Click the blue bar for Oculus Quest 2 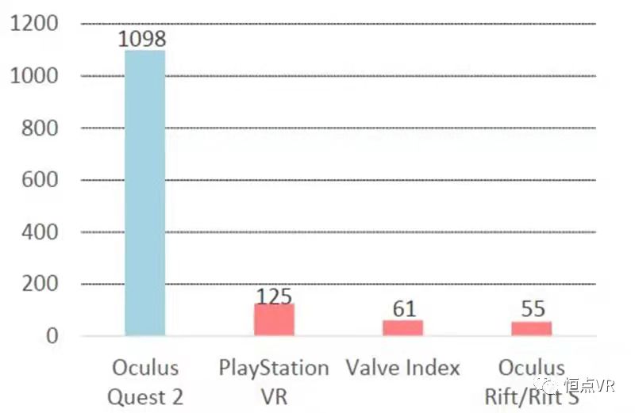(144, 194)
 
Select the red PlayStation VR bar (274, 319)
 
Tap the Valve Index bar (402, 327)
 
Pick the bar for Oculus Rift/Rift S (531, 328)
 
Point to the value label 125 (274, 296)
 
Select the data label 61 (404, 308)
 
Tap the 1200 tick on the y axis (33, 24)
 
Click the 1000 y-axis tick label (33, 76)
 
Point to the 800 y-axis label (40, 128)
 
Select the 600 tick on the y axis (40, 180)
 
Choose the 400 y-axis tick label (40, 232)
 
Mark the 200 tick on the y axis (40, 284)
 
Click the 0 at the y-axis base (52, 336)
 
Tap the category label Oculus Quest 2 (146, 381)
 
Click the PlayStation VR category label (274, 381)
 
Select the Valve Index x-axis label (403, 369)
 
